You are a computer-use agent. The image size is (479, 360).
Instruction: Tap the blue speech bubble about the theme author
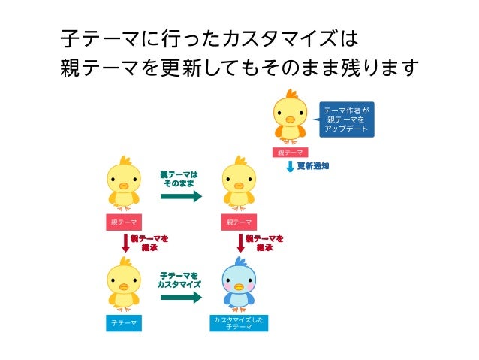[346, 119]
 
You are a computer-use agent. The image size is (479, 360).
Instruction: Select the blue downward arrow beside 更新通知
[290, 166]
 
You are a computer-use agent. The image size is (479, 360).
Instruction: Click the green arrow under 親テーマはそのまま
[181, 197]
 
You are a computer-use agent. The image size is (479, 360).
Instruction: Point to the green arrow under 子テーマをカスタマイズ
[181, 298]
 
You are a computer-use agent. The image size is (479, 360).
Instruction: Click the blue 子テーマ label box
[123, 323]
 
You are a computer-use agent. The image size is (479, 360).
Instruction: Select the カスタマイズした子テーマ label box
[239, 323]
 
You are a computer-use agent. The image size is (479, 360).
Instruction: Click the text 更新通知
[312, 166]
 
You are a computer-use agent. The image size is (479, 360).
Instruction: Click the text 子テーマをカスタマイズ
[179, 280]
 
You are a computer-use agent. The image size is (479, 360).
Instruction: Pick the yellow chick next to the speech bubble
[288, 116]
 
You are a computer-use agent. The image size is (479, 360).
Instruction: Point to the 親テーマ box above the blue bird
[239, 222]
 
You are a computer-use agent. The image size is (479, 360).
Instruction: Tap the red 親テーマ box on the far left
[123, 222]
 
